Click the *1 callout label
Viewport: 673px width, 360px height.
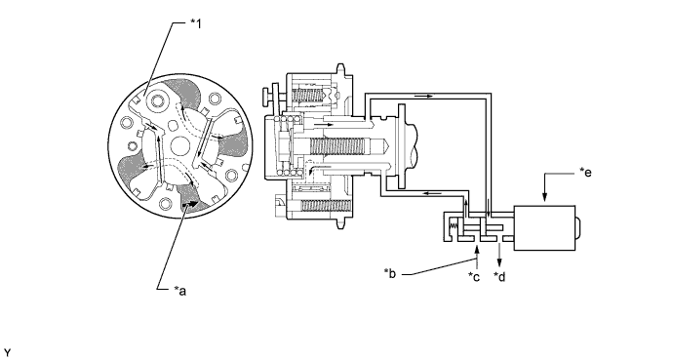tap(196, 24)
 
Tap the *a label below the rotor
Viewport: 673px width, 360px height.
tap(180, 291)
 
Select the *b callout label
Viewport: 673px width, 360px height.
tap(390, 273)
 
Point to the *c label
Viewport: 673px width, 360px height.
tap(474, 277)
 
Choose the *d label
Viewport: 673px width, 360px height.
tap(499, 277)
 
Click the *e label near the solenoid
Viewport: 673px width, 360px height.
tap(585, 173)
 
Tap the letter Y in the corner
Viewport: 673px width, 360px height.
tap(7, 353)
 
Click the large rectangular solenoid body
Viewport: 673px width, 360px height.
tap(544, 228)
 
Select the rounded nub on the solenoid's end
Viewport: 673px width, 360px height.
tap(578, 228)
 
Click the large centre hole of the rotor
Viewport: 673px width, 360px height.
tap(180, 146)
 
